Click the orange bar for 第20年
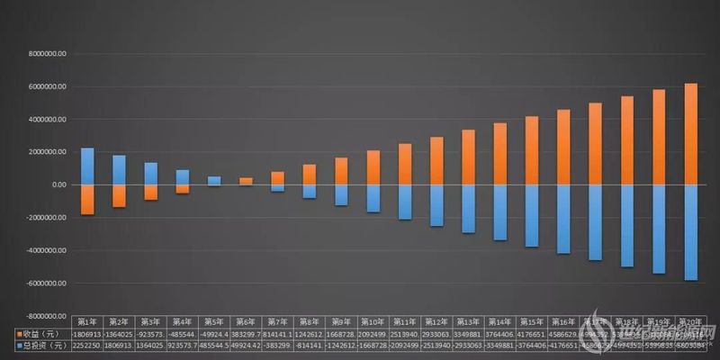(x=690, y=134)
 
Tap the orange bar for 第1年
(x=87, y=199)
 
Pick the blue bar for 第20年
(x=690, y=232)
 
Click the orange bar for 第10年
(x=373, y=167)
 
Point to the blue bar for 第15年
(x=532, y=215)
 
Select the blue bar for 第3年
(x=151, y=174)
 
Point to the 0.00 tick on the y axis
(x=57, y=184)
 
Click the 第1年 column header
(x=87, y=320)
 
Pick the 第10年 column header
(x=373, y=320)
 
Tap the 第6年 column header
(x=246, y=320)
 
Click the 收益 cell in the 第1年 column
(x=87, y=332)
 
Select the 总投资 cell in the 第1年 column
(x=87, y=345)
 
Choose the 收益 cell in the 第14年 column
(x=500, y=332)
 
